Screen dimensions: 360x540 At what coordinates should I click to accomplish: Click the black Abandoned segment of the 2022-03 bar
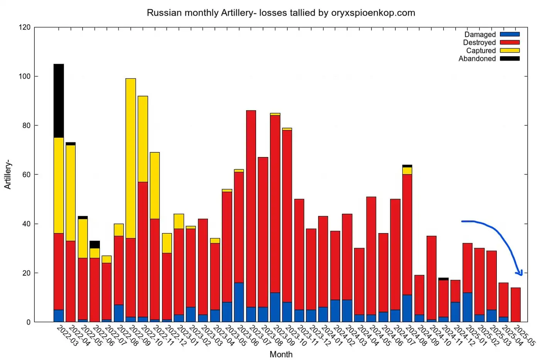coord(59,101)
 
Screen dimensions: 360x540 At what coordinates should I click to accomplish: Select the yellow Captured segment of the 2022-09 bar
coord(131,158)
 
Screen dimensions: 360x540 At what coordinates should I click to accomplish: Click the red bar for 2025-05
coord(516,304)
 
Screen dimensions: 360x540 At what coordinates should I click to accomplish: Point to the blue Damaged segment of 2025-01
coord(467,307)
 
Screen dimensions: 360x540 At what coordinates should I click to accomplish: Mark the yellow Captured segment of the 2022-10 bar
coord(143,139)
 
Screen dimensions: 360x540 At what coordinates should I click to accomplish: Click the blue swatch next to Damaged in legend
coord(510,34)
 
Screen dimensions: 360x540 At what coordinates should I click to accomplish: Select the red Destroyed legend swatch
coord(510,42)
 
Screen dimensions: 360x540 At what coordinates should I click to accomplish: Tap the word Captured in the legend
coord(481,51)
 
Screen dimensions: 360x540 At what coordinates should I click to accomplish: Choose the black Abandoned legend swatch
coord(510,59)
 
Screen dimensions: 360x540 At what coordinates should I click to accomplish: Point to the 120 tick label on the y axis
coord(24,27)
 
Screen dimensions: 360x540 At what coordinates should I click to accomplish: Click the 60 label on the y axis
coord(26,175)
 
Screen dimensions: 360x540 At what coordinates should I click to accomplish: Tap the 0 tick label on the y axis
coord(28,322)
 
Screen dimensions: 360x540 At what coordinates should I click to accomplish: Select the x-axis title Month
coord(281,354)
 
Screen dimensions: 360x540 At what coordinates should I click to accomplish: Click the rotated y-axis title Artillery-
coord(8,174)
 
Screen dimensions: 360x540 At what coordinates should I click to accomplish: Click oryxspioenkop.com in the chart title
coord(373,13)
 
